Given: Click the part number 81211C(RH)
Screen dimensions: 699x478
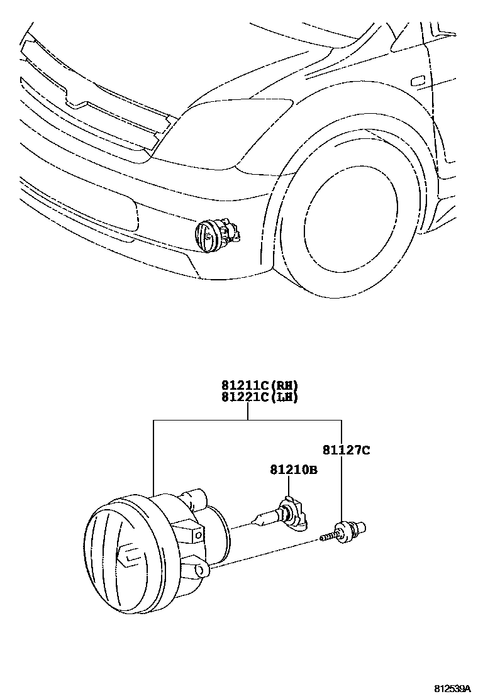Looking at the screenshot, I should (258, 385).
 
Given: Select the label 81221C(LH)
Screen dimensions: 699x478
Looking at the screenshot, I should (258, 397).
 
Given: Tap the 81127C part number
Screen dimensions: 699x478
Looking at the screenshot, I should (346, 450).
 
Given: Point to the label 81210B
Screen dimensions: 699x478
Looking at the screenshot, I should (294, 469).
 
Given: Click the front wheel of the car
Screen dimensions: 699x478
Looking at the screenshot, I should (349, 217).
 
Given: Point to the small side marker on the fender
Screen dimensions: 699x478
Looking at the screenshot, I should (418, 81).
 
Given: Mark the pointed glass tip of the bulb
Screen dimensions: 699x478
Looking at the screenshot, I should (255, 520).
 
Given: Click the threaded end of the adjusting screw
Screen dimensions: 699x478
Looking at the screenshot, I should (326, 537).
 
